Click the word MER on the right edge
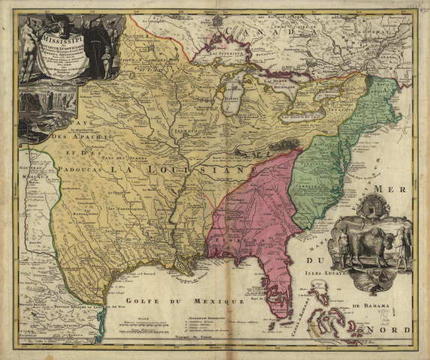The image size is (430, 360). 397,188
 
